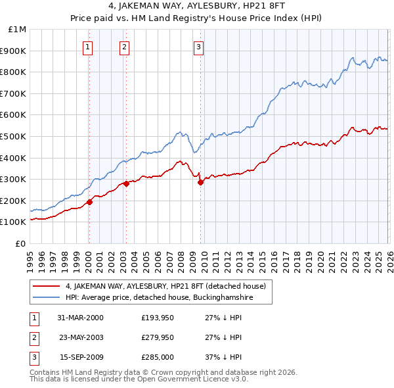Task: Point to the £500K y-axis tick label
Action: point(14,136)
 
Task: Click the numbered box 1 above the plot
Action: point(88,47)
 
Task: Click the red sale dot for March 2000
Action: point(89,202)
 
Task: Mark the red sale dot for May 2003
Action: point(126,183)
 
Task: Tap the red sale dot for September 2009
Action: point(200,182)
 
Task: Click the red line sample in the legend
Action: point(47,286)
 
